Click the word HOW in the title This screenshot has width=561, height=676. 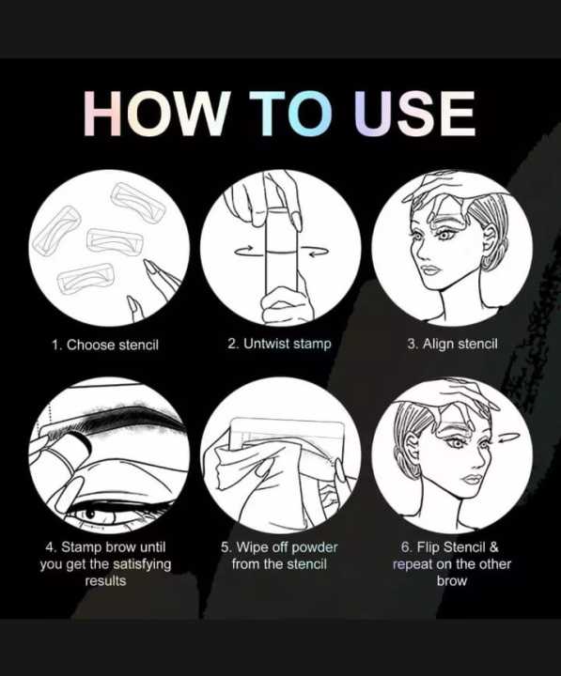click(x=155, y=114)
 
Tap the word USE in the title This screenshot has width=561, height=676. click(x=414, y=114)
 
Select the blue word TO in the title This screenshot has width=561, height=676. click(x=291, y=114)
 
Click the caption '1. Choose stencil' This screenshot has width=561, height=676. click(x=105, y=345)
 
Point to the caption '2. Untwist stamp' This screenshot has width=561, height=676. click(x=279, y=344)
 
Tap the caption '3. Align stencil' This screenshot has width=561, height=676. click(x=452, y=344)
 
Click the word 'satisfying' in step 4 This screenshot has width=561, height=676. click(x=142, y=564)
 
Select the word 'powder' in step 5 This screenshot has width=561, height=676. click(x=315, y=547)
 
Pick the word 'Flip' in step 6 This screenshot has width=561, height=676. click(x=428, y=546)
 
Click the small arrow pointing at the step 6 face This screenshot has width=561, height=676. click(x=508, y=439)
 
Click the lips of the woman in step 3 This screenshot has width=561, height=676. click(x=429, y=270)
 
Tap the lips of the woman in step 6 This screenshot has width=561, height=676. click(x=472, y=479)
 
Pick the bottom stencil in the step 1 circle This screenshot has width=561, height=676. click(x=86, y=278)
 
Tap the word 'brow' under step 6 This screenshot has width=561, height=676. click(x=452, y=581)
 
